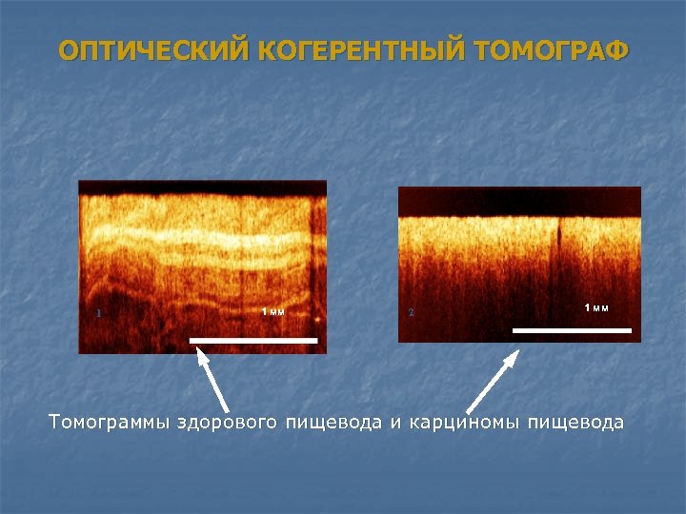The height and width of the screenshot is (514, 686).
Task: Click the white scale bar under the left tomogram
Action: [x=253, y=339]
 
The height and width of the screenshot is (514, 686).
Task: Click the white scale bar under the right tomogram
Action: [x=572, y=329]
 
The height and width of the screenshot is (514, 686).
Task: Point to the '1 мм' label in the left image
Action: [x=273, y=312]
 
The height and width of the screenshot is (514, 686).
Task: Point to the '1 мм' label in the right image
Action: [x=596, y=306]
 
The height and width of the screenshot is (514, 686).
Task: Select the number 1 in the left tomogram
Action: [x=99, y=312]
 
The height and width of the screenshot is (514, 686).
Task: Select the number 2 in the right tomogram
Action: [x=412, y=312]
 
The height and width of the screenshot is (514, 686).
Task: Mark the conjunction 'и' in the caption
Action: [x=394, y=422]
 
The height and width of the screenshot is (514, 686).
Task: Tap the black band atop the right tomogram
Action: [x=519, y=201]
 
